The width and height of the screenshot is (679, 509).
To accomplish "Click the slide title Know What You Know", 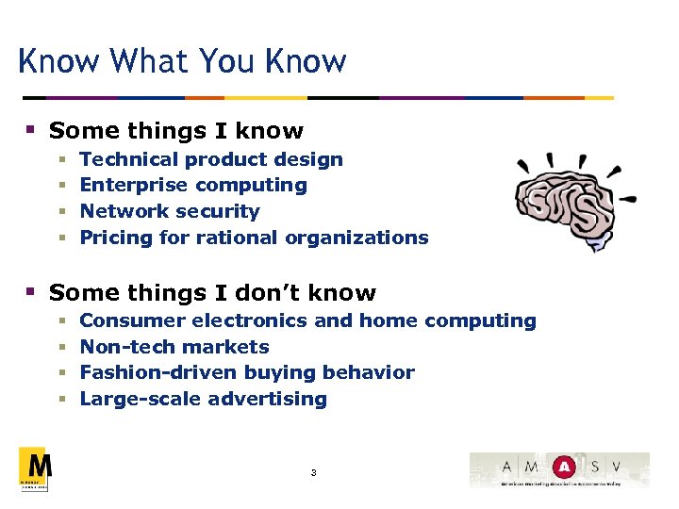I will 182,62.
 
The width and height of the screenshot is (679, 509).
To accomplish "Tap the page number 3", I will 313,472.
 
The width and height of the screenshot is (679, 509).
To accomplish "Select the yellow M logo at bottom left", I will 35,468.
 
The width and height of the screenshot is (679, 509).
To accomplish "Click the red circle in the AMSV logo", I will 564,467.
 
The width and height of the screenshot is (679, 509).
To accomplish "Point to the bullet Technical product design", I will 211,159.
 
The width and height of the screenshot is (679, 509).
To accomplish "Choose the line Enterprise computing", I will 193,185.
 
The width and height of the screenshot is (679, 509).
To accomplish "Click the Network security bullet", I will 170,211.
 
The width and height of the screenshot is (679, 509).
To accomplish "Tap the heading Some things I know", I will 176,131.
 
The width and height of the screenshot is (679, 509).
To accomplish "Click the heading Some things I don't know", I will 212,293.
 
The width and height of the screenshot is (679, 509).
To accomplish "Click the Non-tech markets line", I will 174,347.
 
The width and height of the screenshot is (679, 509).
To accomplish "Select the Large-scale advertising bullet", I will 203,399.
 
